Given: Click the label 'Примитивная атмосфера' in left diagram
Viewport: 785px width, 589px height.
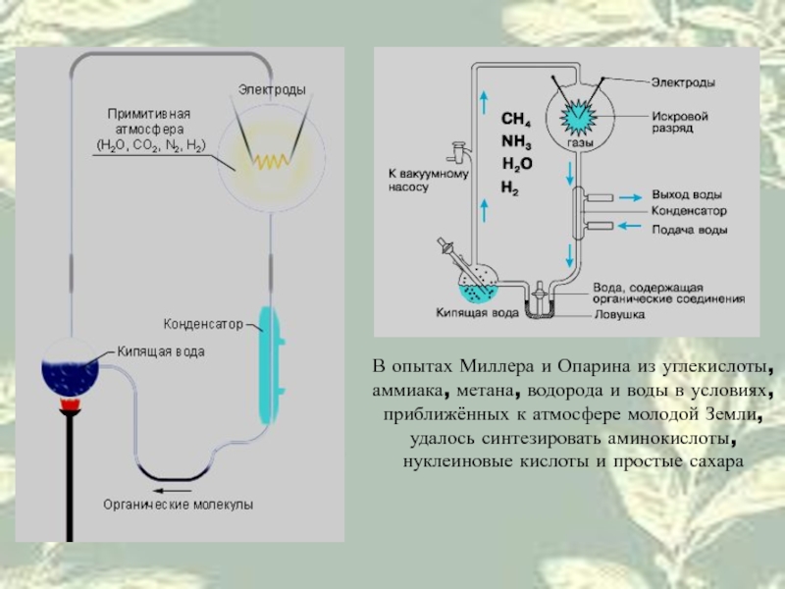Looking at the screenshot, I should click(149, 121).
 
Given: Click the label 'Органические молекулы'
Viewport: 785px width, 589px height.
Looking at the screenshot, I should click(179, 505).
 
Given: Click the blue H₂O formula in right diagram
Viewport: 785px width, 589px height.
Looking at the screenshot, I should click(517, 164).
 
